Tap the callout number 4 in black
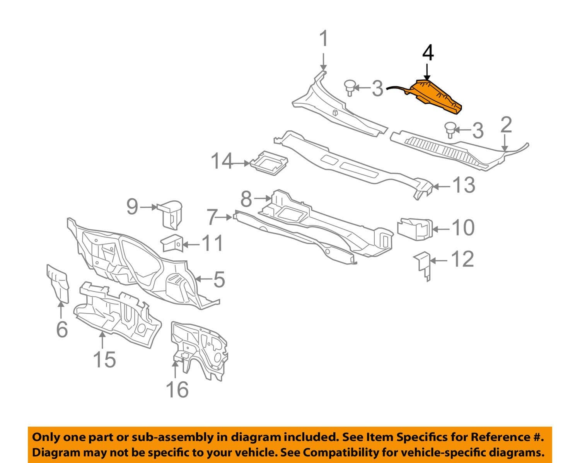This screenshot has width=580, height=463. (x=428, y=53)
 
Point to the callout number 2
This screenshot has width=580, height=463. (x=506, y=125)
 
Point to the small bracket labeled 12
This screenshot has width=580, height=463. (x=423, y=264)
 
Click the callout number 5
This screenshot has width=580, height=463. (x=219, y=279)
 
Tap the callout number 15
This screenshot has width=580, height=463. (x=104, y=359)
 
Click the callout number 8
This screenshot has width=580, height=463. (x=246, y=200)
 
